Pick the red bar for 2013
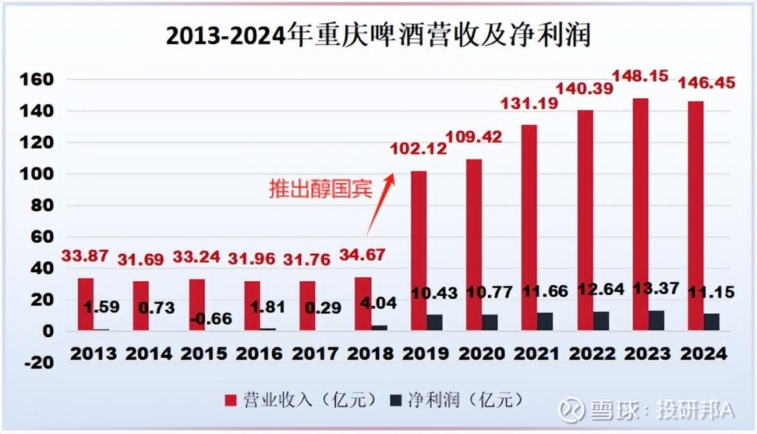pyautogui.click(x=85, y=304)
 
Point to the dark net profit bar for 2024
pyautogui.click(x=712, y=322)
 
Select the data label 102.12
pyautogui.click(x=416, y=147)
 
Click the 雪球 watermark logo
pyautogui.click(x=570, y=409)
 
